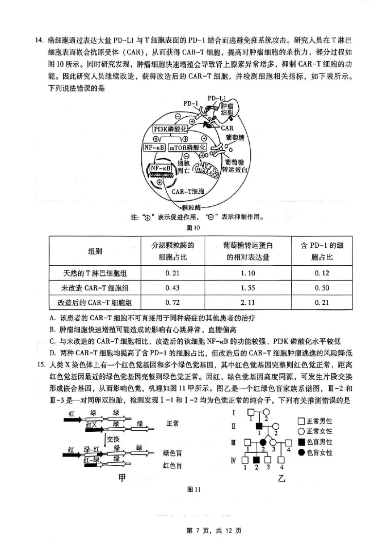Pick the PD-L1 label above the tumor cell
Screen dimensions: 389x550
point(216,99)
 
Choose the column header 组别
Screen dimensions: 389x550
point(95,251)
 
